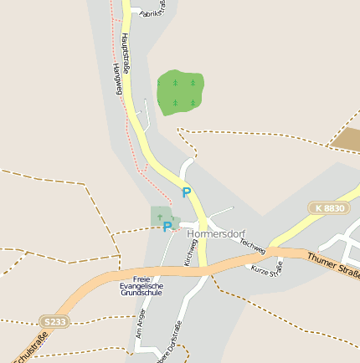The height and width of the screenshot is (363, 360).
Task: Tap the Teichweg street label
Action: tap(252, 245)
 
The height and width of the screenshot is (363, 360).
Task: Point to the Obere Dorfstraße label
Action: tap(168, 347)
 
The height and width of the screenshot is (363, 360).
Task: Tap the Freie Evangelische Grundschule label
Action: tap(142, 286)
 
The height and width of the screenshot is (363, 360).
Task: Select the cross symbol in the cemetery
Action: tap(159, 217)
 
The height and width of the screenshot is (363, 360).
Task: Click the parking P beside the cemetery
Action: tap(167, 226)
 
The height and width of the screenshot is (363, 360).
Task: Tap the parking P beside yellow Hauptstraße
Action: tap(186, 192)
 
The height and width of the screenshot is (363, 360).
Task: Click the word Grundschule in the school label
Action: tap(142, 294)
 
